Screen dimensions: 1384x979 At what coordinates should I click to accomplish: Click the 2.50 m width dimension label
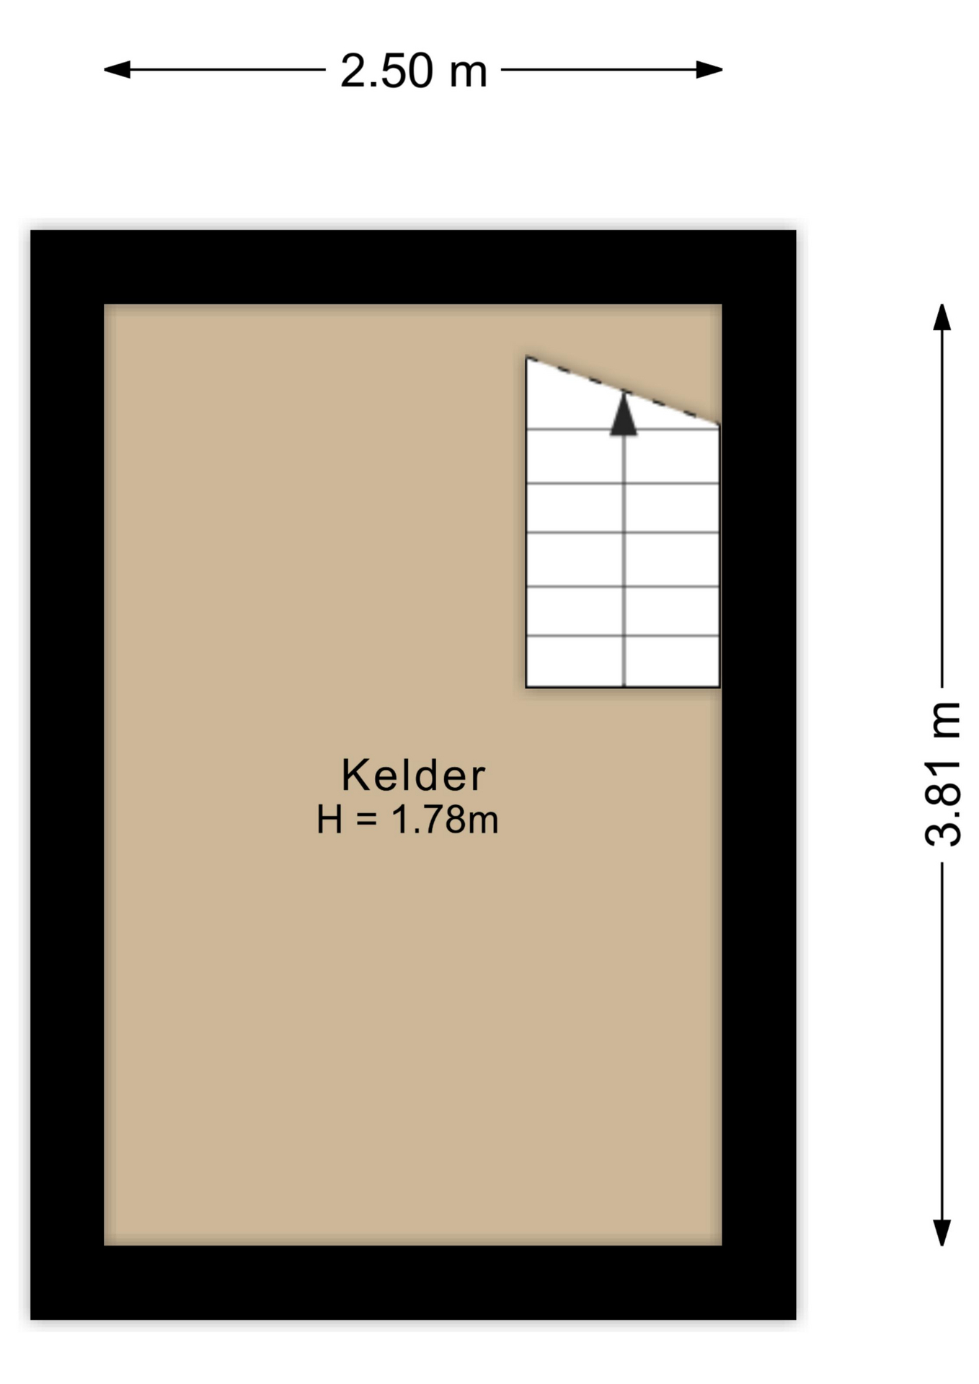click(x=413, y=71)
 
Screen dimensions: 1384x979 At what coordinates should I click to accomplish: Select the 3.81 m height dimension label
click(x=942, y=773)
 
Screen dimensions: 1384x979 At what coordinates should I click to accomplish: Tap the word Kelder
click(x=413, y=775)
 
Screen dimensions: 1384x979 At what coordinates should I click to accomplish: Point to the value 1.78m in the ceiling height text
click(x=445, y=820)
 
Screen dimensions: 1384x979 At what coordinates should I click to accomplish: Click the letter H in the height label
click(x=329, y=820)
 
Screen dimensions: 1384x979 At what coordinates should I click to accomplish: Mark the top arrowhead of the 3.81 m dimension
click(x=942, y=318)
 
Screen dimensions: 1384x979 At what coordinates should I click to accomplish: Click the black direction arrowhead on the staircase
click(x=624, y=416)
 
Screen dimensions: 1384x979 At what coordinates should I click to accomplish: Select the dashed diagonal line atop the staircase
click(x=623, y=391)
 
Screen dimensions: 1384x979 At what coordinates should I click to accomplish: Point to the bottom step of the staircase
click(x=623, y=661)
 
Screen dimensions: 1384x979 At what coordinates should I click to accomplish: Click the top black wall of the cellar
click(x=413, y=267)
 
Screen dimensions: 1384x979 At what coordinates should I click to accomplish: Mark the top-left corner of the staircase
click(x=527, y=358)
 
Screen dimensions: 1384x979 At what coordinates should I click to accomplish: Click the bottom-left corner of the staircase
click(x=527, y=686)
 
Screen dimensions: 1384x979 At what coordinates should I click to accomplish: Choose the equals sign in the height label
click(x=366, y=820)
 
